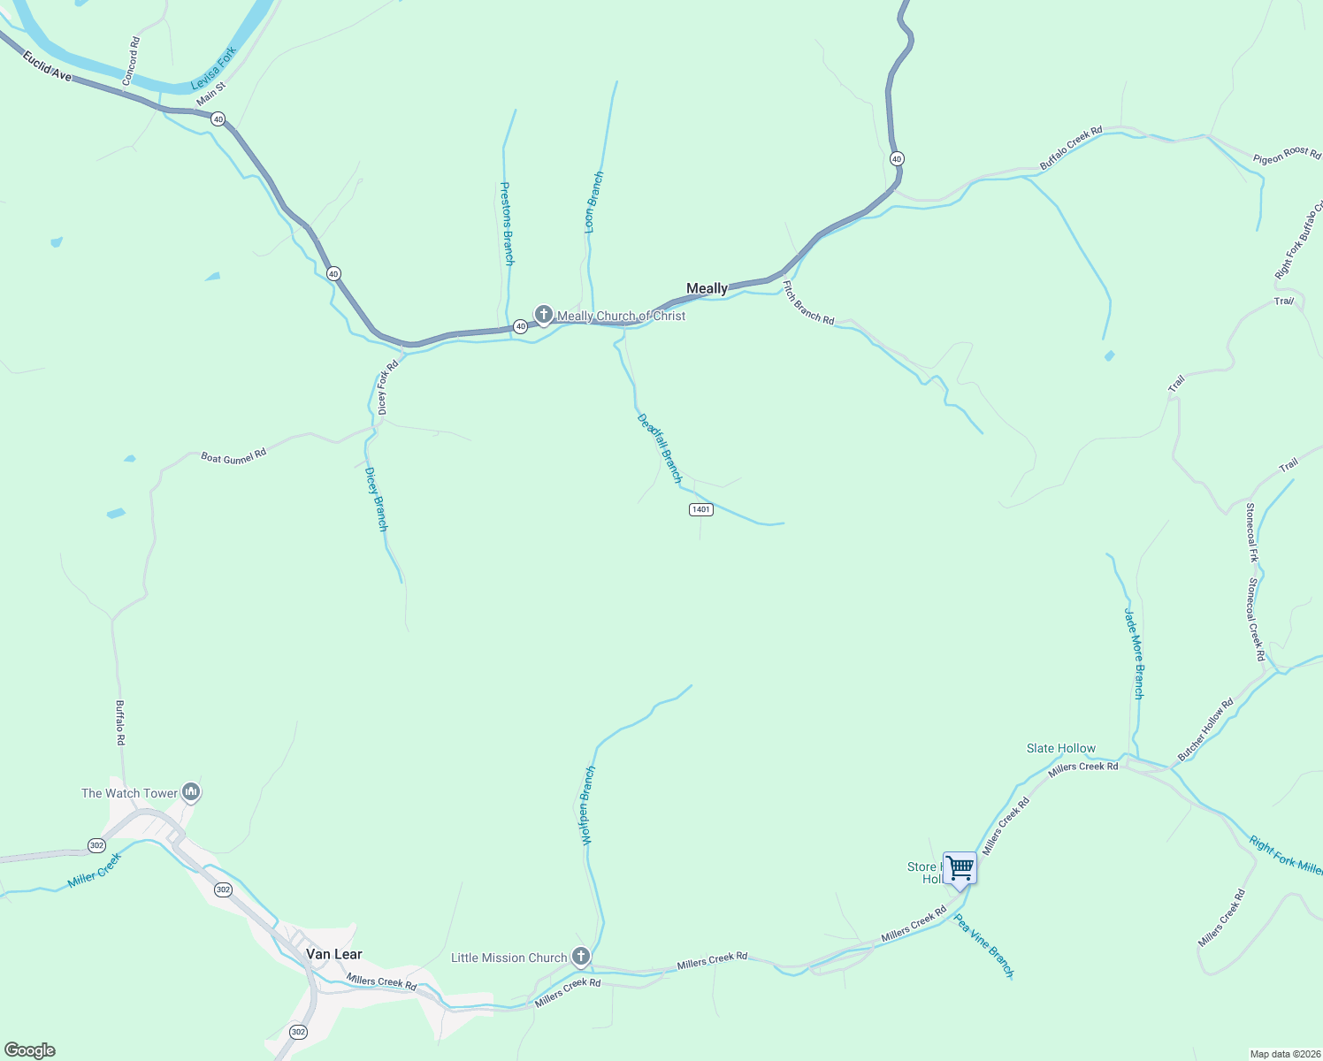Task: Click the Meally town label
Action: (707, 288)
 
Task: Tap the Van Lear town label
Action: (333, 954)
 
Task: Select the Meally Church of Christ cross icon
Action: (544, 314)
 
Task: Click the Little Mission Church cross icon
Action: (580, 956)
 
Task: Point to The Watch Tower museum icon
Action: (190, 791)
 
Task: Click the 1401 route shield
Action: (700, 509)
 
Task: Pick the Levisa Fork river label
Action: (214, 69)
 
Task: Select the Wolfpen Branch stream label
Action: (587, 805)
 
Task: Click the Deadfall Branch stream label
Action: (660, 448)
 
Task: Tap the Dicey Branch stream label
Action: (377, 500)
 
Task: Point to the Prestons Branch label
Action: (507, 223)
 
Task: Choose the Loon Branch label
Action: (594, 202)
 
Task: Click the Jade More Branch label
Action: (1134, 653)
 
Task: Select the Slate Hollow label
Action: (1060, 748)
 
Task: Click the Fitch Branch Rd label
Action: (808, 302)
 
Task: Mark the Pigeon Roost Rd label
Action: (1287, 155)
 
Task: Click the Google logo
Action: (30, 1050)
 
